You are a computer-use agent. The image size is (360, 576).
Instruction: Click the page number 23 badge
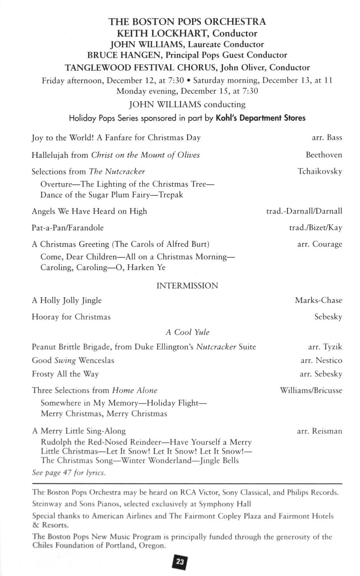(180, 562)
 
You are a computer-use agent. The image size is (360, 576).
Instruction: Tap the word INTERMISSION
(187, 286)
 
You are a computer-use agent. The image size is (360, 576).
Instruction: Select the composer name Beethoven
(324, 155)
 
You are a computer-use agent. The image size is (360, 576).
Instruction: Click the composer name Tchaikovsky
(320, 171)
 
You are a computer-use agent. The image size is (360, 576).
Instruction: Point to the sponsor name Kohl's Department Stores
(261, 118)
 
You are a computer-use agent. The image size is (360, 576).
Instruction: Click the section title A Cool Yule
(187, 332)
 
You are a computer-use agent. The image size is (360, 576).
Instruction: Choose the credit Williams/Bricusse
(311, 390)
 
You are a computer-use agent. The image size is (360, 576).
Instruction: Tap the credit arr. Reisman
(319, 431)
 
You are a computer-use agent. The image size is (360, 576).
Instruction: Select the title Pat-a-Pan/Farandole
(67, 228)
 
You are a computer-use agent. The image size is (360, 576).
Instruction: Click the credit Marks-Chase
(319, 300)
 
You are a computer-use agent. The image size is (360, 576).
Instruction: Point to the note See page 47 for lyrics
(69, 473)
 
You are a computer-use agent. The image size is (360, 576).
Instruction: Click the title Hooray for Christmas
(71, 317)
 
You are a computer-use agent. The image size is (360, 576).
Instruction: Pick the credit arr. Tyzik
(325, 347)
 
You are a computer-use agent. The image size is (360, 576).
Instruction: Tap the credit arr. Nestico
(321, 360)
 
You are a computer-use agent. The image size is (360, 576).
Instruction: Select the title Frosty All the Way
(65, 374)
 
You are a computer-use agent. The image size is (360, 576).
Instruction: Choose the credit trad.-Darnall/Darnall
(304, 211)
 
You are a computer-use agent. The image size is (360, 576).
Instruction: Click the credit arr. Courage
(319, 244)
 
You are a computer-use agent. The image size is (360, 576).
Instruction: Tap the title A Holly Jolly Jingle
(67, 300)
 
